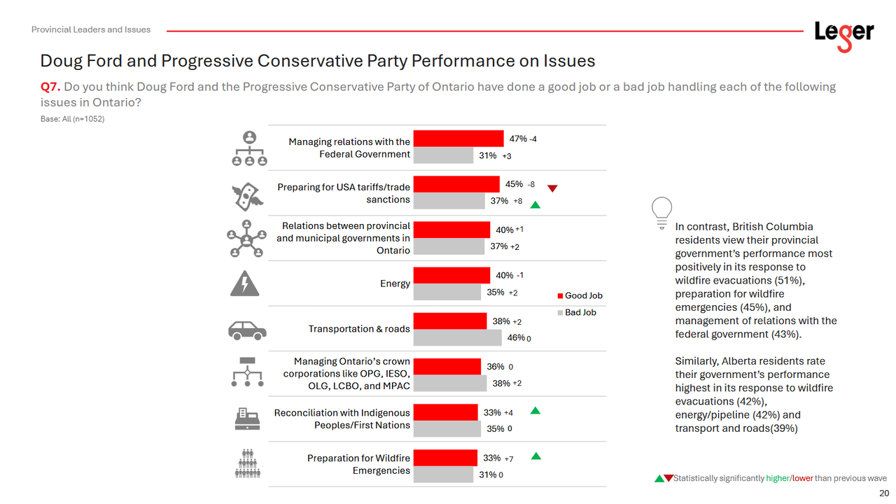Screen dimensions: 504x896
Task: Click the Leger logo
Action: pos(843,34)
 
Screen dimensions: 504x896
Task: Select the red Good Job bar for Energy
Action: pos(451,275)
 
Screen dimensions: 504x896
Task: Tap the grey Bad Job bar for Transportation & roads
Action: pos(459,337)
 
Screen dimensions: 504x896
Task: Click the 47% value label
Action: pos(518,139)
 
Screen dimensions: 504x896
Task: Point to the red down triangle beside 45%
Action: pos(552,188)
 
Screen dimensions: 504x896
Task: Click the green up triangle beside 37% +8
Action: pos(535,204)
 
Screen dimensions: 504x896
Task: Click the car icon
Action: pos(247,330)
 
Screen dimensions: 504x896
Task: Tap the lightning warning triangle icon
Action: pos(245,283)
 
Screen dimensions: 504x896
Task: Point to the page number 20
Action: pos(883,493)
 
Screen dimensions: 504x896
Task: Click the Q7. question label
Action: pos(50,87)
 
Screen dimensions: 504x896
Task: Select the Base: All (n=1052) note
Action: pos(72,119)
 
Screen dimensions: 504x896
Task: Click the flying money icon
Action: pos(247,195)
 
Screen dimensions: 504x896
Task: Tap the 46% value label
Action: pos(516,337)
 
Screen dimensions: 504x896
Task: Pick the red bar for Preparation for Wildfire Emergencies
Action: pos(445,458)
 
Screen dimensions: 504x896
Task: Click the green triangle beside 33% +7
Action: pos(535,456)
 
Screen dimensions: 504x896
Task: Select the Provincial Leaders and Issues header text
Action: pos(91,29)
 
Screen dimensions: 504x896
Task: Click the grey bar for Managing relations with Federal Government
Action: pos(443,155)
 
